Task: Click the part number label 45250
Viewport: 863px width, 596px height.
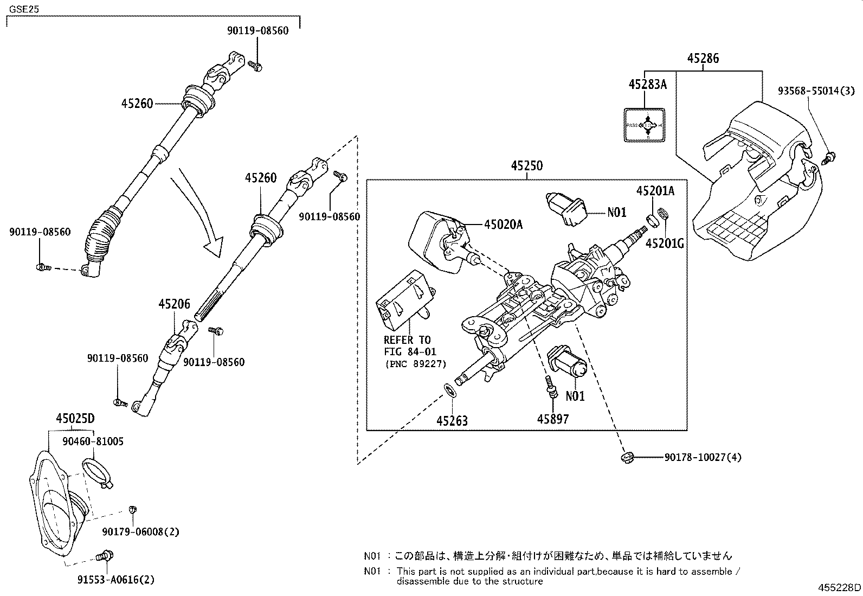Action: pyautogui.click(x=526, y=166)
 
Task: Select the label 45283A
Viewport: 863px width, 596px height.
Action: pyautogui.click(x=647, y=85)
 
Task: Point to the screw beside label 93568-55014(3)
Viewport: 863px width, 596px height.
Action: pyautogui.click(x=828, y=158)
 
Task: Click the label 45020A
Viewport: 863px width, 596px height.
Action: pyautogui.click(x=503, y=224)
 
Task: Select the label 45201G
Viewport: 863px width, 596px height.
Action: pyautogui.click(x=664, y=244)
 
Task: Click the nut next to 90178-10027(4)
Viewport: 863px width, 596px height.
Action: pyautogui.click(x=628, y=457)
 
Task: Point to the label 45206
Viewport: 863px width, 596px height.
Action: pyautogui.click(x=174, y=304)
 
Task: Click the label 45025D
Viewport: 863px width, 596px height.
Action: pyautogui.click(x=75, y=418)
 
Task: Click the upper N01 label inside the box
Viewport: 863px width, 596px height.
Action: pyautogui.click(x=616, y=212)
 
